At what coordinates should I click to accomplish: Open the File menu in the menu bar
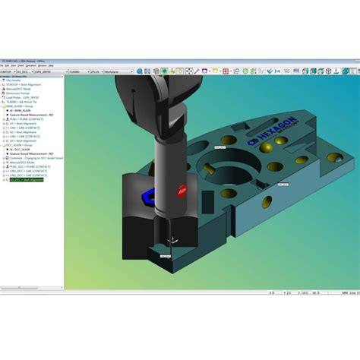click(x=5, y=65)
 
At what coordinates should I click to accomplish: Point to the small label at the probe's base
click(x=166, y=257)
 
